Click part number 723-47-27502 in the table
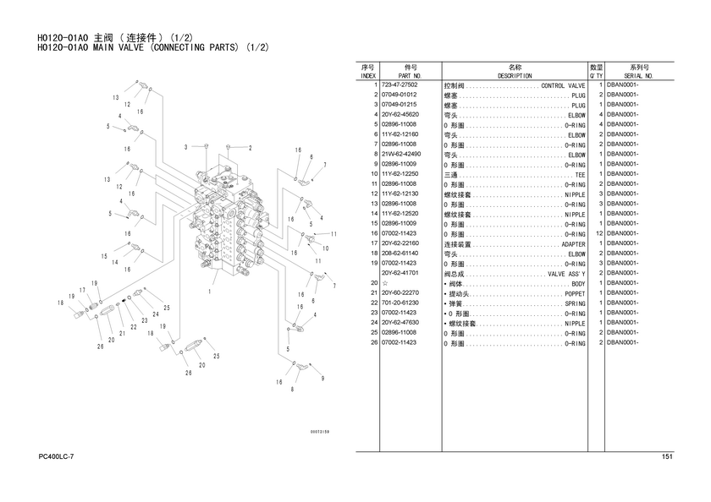pyautogui.click(x=400, y=85)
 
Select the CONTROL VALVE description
pyautogui.click(x=563, y=85)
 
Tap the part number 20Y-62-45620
pyautogui.click(x=400, y=115)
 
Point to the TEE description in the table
pyautogui.click(x=580, y=174)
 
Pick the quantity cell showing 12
pyautogui.click(x=598, y=233)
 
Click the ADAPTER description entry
pyautogui.click(x=573, y=244)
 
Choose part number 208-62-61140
pyautogui.click(x=400, y=254)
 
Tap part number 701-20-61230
pyautogui.click(x=400, y=303)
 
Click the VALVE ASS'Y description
pyautogui.click(x=566, y=274)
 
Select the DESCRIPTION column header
pyautogui.click(x=514, y=75)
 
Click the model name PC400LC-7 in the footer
pyautogui.click(x=57, y=457)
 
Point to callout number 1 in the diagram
pyautogui.click(x=209, y=292)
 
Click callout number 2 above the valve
pyautogui.click(x=250, y=147)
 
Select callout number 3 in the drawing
pyautogui.click(x=185, y=147)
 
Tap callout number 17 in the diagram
pyautogui.click(x=83, y=290)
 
